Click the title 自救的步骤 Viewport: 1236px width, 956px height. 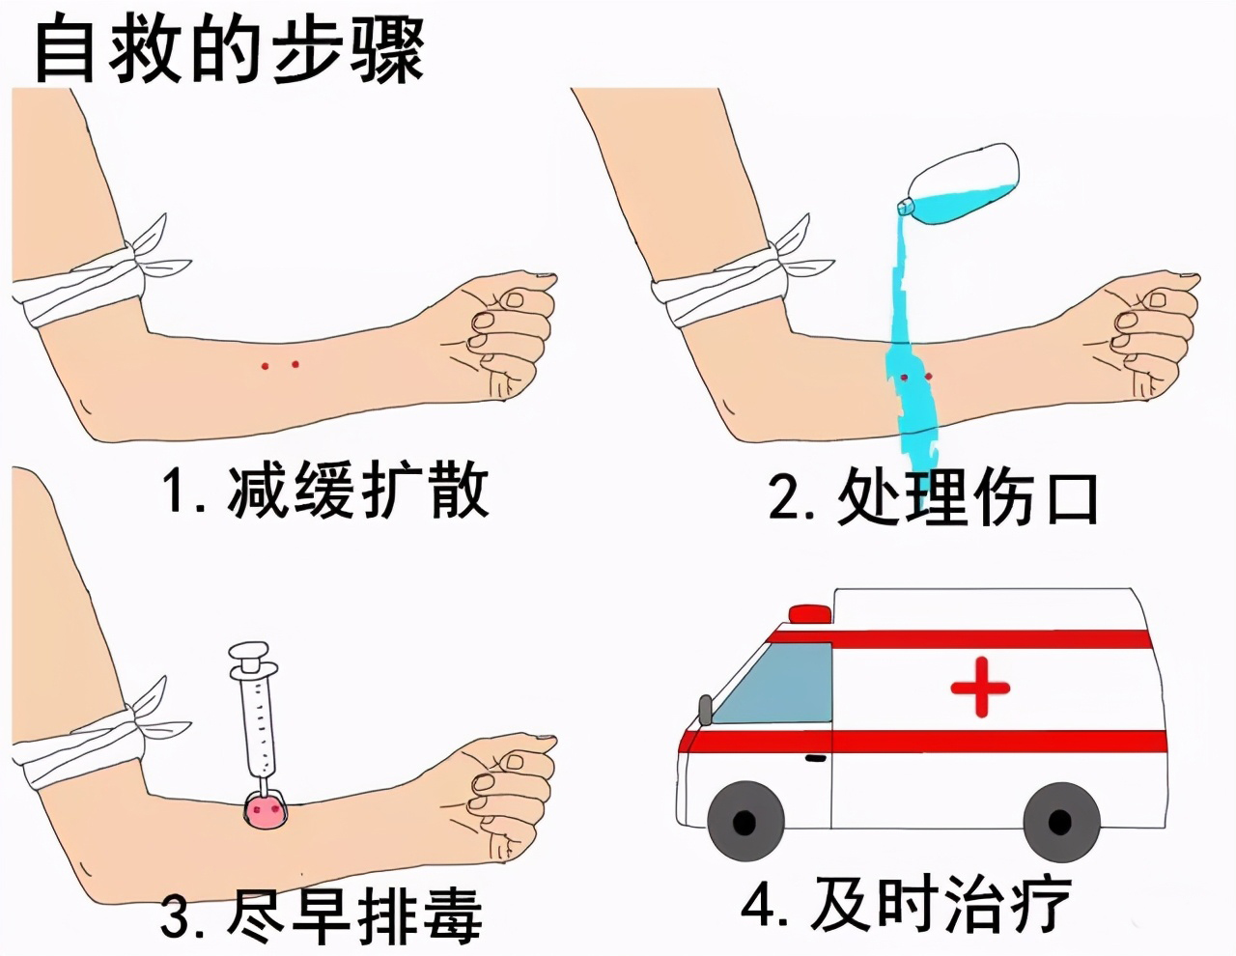(229, 48)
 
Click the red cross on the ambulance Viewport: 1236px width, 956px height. (980, 687)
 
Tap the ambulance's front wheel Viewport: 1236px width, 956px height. (744, 822)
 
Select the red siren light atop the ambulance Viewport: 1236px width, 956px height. (809, 613)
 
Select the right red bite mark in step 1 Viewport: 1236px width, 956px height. (295, 364)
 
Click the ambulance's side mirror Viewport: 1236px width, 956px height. (705, 709)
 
